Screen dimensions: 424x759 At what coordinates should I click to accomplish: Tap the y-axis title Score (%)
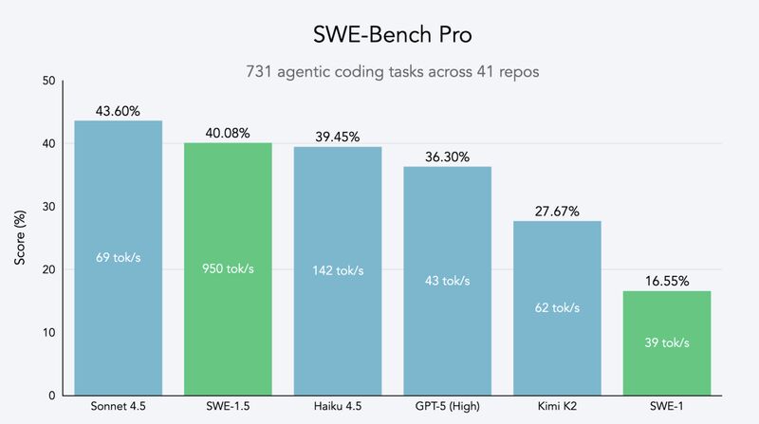tap(20, 238)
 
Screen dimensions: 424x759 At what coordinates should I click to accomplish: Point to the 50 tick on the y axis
tap(47, 82)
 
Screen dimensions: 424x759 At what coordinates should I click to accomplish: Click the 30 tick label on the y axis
tap(47, 207)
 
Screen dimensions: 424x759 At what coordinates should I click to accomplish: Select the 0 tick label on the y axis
tap(50, 396)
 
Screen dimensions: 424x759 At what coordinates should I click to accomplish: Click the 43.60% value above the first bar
tap(118, 111)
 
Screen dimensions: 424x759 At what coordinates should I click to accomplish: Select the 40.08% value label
tap(228, 133)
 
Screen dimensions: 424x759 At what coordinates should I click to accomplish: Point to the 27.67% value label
tap(558, 211)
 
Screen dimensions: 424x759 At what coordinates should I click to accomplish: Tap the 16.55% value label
tap(667, 281)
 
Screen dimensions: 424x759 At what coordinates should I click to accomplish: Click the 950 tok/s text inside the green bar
tap(228, 268)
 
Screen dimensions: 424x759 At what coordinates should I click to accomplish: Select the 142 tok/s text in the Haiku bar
tap(338, 269)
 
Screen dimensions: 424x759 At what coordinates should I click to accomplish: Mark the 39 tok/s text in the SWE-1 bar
tap(667, 342)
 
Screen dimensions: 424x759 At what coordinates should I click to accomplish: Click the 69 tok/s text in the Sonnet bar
tap(118, 257)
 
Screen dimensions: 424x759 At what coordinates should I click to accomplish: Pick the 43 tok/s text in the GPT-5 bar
tap(447, 281)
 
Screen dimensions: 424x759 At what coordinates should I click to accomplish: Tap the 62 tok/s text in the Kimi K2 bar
tap(558, 307)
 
